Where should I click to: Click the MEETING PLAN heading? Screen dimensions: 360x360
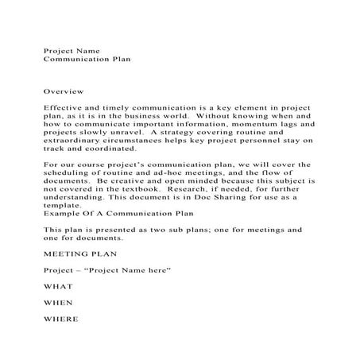click(80, 254)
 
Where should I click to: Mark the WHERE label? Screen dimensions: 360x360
click(61, 319)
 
